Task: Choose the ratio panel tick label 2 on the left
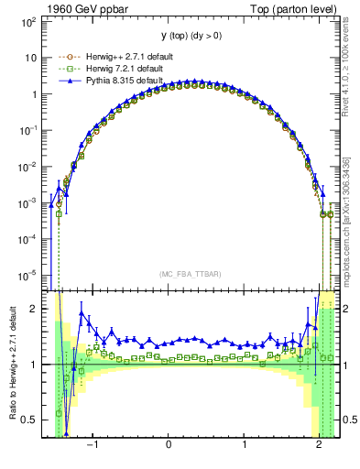pos(35,309)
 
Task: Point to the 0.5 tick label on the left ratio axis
pos(30,420)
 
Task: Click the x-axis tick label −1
pos(93,445)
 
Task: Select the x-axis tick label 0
pos(169,445)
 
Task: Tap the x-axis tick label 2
pos(319,445)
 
